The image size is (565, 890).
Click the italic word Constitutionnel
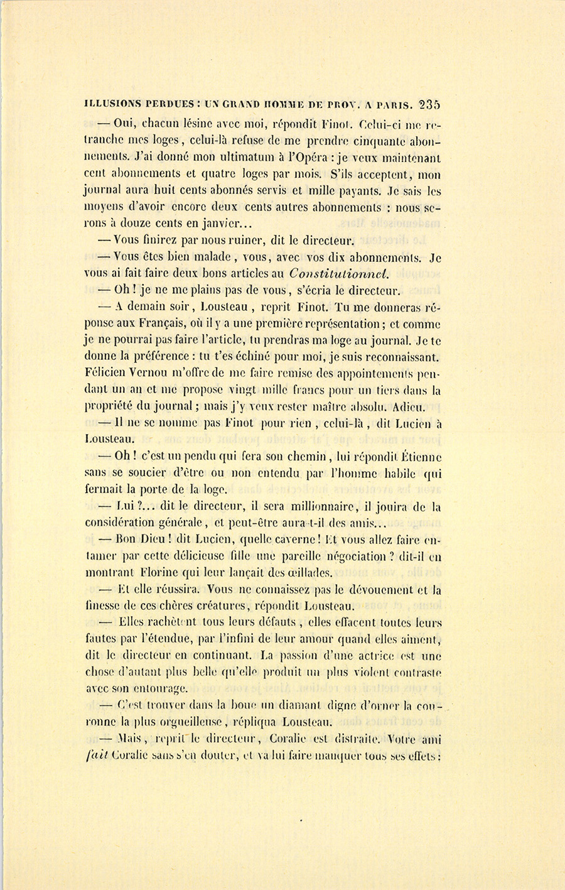tap(339, 273)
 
